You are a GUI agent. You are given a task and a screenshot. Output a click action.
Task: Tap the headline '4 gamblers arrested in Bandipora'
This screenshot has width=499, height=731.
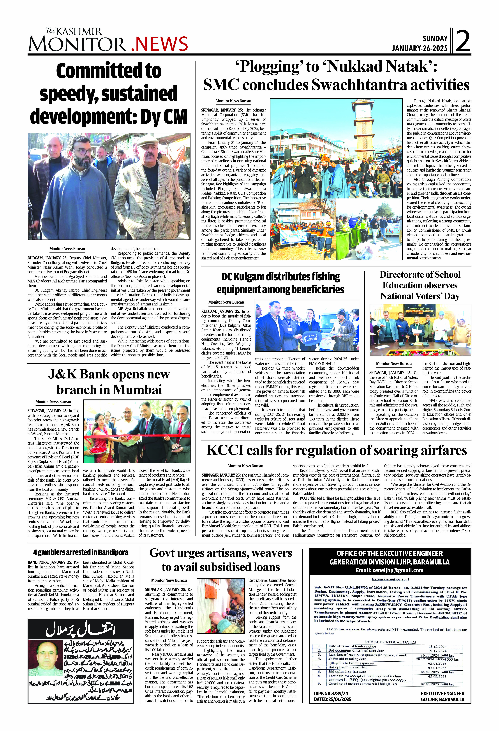tap(81, 552)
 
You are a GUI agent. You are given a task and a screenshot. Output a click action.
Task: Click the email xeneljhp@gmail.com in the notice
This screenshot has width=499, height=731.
tap(389, 570)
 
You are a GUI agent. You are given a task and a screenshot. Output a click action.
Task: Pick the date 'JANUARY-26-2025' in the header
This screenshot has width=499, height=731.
tap(419, 48)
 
